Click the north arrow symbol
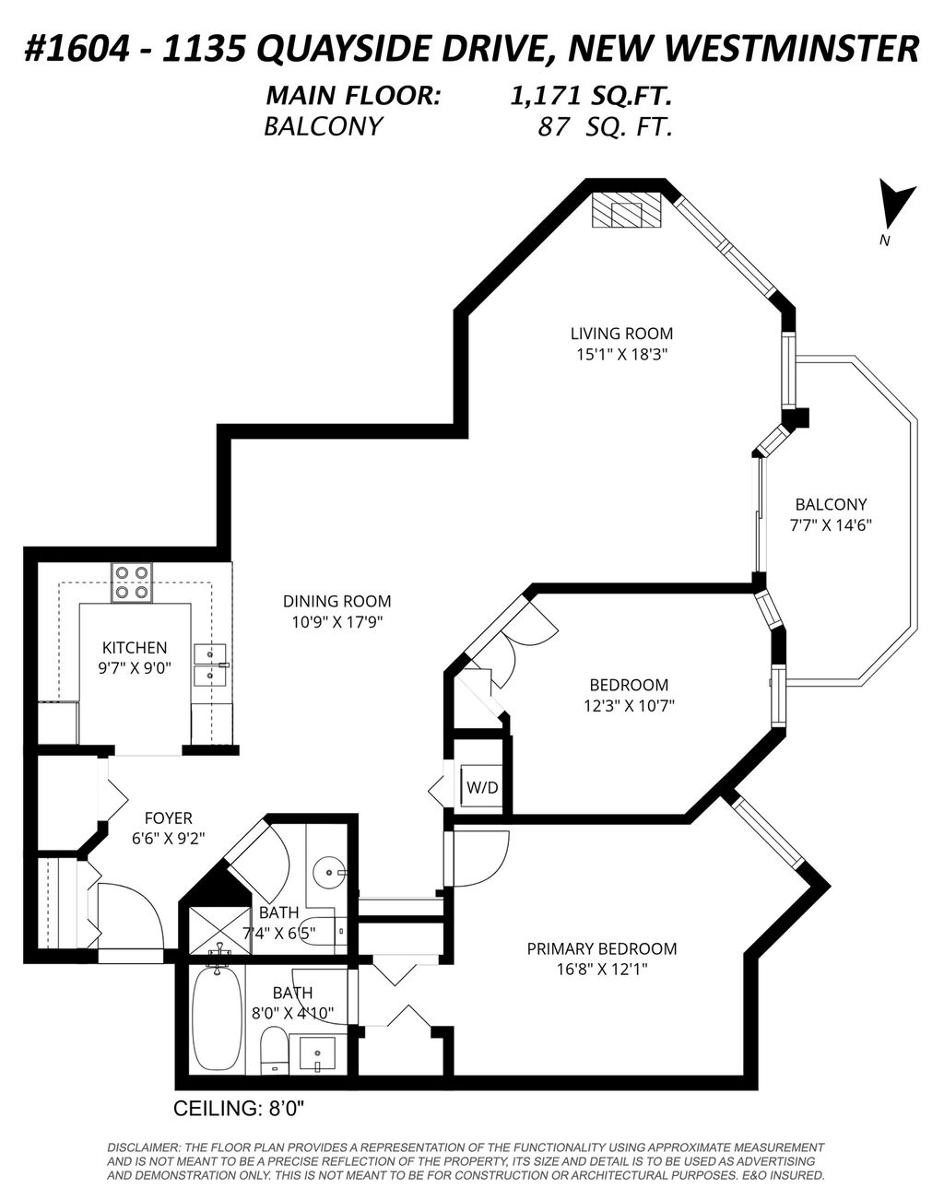point(893,205)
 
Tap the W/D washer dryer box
point(482,788)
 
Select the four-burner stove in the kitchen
point(132,582)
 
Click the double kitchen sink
point(210,665)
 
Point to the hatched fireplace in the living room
point(626,211)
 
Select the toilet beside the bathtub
point(273,1051)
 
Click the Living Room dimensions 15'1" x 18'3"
point(620,354)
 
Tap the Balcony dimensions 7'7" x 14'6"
point(831,525)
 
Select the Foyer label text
point(168,818)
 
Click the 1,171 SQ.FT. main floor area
point(591,95)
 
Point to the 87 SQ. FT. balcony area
point(604,127)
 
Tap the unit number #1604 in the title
point(73,48)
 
